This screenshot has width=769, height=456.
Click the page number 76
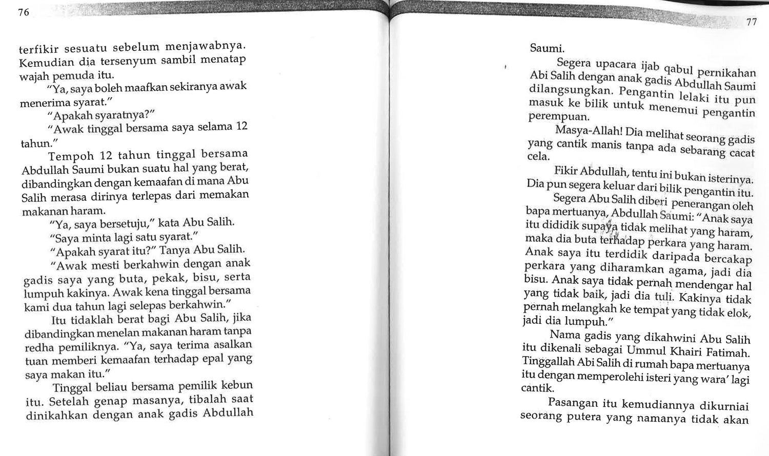point(24,13)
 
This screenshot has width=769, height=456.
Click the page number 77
point(751,22)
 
